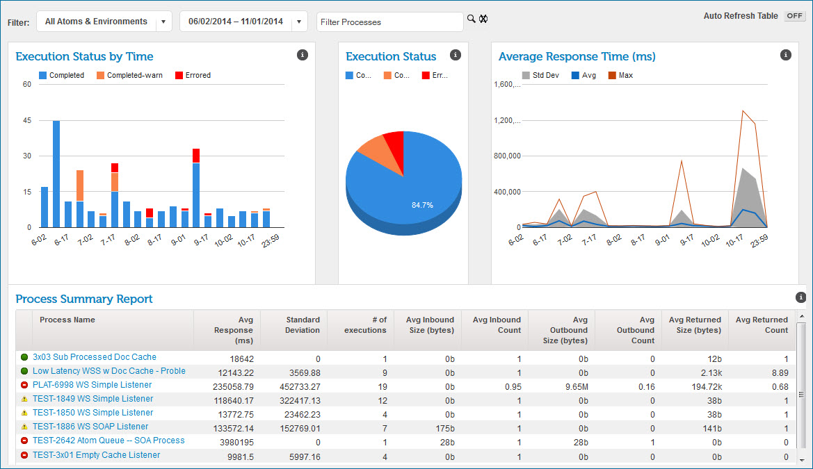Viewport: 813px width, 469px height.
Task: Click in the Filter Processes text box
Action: point(389,22)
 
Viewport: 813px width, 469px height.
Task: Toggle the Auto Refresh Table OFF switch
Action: point(794,16)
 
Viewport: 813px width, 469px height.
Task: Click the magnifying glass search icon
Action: point(471,19)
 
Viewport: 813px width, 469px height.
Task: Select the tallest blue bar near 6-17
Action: point(56,174)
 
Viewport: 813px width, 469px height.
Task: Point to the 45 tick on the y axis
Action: point(27,120)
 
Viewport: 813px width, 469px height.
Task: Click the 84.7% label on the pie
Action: point(422,205)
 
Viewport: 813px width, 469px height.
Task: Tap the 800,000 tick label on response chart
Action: point(506,156)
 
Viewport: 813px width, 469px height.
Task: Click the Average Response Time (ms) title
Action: point(577,57)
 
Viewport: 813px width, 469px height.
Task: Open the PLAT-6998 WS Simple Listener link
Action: point(92,385)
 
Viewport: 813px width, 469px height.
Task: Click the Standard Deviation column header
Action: point(303,325)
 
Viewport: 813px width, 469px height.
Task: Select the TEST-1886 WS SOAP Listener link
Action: point(90,427)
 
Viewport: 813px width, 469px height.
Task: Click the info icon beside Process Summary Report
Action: point(800,297)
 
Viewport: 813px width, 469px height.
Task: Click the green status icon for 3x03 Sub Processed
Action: point(24,357)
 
